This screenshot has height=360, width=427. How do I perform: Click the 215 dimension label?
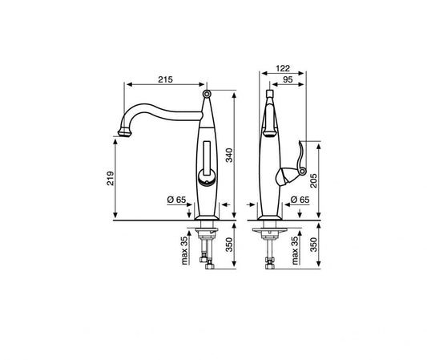[x=165, y=79]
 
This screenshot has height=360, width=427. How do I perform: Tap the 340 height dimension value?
[x=230, y=155]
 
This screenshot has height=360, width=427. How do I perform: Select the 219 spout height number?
[x=111, y=179]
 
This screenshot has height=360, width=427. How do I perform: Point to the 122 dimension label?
[x=283, y=68]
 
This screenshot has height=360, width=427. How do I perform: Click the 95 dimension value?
[x=288, y=79]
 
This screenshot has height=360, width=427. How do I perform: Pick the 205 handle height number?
[x=314, y=180]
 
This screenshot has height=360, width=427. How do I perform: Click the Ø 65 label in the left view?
[x=176, y=200]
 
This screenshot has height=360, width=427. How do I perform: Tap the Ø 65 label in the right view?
[x=300, y=200]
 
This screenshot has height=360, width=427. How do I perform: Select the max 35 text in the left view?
[x=184, y=250]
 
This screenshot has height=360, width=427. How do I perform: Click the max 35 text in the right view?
[x=295, y=250]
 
